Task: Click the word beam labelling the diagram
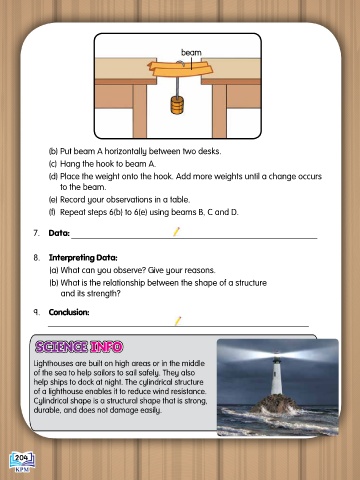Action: [x=191, y=53]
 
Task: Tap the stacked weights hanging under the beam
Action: [x=177, y=105]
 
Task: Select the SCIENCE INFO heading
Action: [x=79, y=347]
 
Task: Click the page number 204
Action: [x=21, y=458]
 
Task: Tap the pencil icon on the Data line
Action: [x=176, y=231]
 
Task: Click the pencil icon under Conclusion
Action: [x=178, y=321]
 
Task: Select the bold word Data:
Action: [x=59, y=233]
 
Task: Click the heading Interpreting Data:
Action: [x=83, y=258]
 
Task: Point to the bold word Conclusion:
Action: [x=69, y=312]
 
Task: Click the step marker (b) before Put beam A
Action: [x=53, y=151]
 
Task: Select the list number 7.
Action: [x=36, y=233]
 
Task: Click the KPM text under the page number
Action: [x=23, y=469]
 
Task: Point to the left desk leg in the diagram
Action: [x=140, y=111]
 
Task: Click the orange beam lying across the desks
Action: [x=180, y=69]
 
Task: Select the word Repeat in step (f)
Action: [x=72, y=212]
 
